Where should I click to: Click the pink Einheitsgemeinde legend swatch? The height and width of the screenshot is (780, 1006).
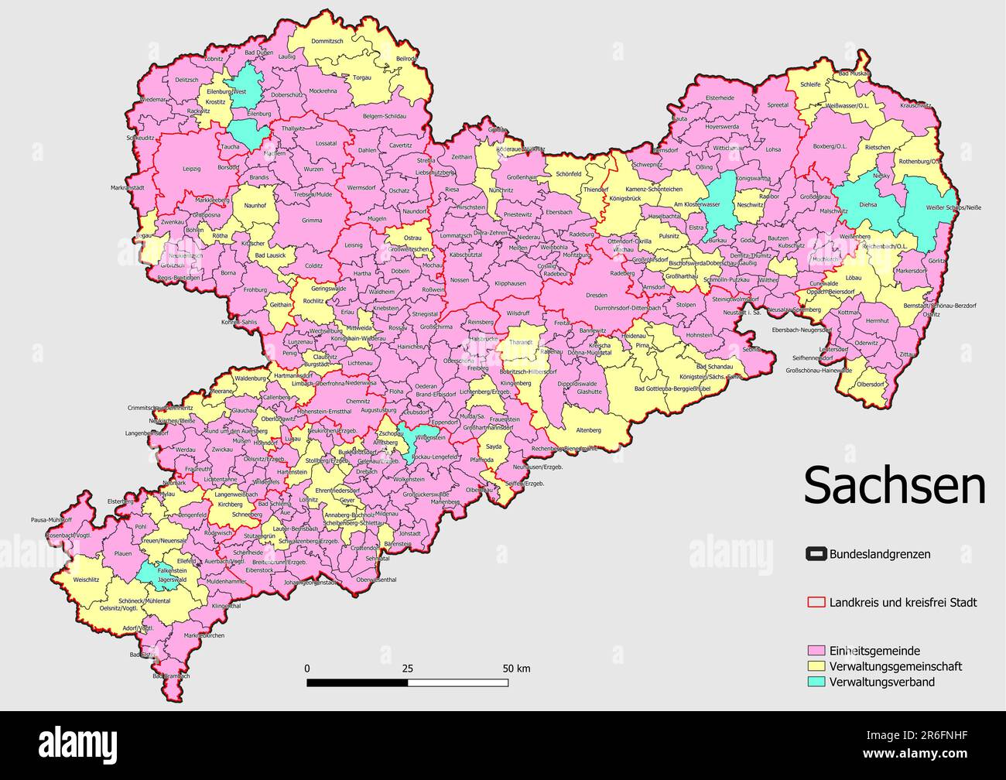[x=816, y=651]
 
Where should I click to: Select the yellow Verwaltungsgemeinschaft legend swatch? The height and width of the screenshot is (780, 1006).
[x=816, y=666]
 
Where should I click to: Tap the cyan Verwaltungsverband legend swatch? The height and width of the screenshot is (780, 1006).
[x=816, y=682]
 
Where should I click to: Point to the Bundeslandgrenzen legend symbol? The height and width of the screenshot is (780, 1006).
[x=816, y=554]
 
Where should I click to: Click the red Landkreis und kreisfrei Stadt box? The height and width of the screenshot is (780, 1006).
[x=816, y=602]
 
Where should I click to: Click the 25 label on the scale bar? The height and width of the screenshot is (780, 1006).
[x=408, y=669]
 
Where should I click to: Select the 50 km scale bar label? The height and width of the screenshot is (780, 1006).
[x=516, y=669]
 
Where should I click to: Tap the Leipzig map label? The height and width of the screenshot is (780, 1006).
[x=191, y=169]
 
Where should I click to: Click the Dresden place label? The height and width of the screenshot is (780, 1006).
[x=597, y=296]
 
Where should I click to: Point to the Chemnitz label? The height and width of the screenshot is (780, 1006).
[x=358, y=402]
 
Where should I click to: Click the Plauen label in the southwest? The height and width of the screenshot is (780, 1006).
[x=123, y=554]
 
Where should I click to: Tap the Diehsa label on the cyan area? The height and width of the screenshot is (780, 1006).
[x=868, y=205]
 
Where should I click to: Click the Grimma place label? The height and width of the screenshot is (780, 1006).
[x=312, y=221]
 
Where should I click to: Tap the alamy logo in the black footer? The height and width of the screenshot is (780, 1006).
[x=78, y=744]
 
